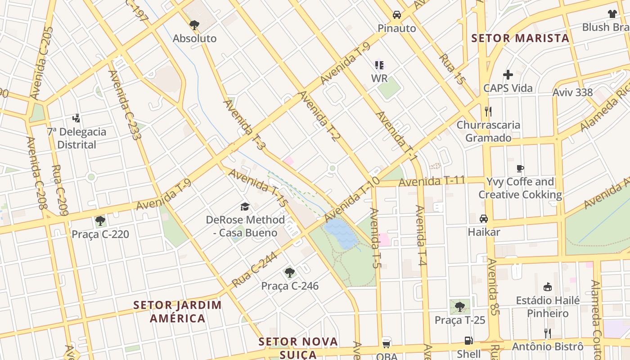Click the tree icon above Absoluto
click(194, 25)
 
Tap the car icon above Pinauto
click(396, 14)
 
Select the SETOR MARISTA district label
click(520, 38)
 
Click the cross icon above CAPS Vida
click(508, 74)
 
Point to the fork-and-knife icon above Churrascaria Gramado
click(488, 111)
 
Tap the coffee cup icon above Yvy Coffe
click(520, 169)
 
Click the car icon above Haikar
click(484, 219)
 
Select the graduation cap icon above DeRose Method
click(245, 207)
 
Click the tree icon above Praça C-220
click(100, 221)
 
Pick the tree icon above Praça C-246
click(290, 272)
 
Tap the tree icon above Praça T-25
click(459, 307)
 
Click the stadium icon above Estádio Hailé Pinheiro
click(548, 287)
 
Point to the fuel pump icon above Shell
click(468, 341)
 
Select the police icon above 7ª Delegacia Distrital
click(76, 118)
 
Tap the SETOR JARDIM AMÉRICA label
click(177, 311)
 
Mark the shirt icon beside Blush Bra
click(612, 14)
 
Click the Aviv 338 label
click(573, 93)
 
